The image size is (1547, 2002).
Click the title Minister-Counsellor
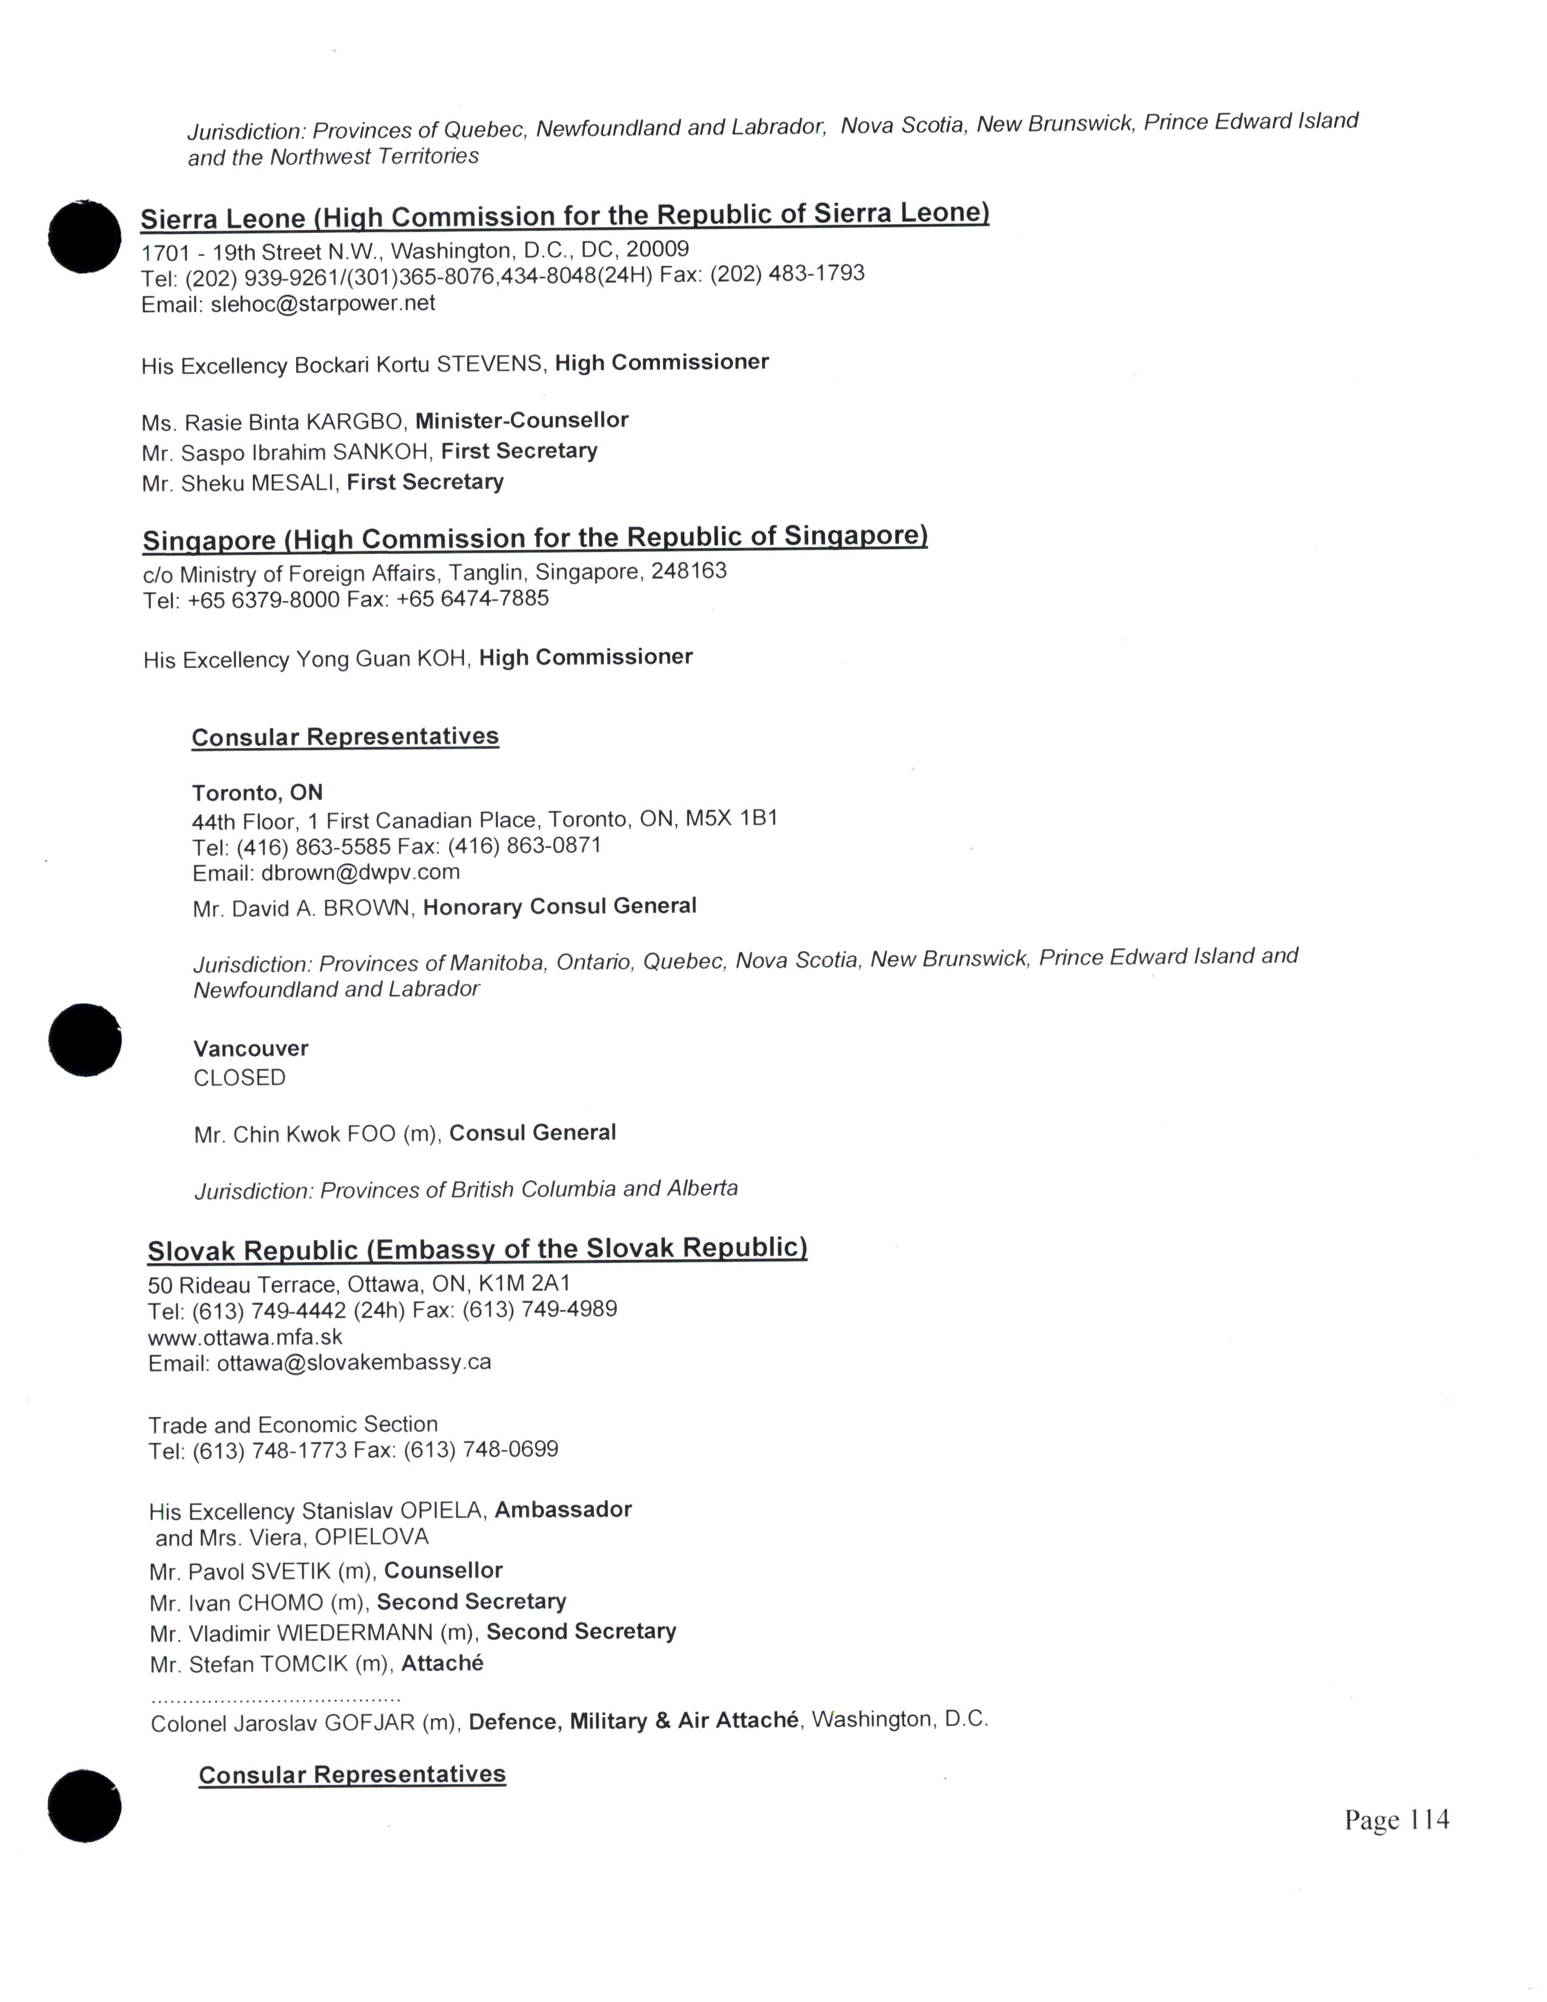tap(522, 421)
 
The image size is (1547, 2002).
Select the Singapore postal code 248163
tap(689, 571)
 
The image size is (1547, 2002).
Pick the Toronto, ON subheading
tap(257, 792)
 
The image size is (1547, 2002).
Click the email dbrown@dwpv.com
tap(360, 872)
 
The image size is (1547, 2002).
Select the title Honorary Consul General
tap(559, 906)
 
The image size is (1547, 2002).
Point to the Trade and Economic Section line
tap(292, 1424)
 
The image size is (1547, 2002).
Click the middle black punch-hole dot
tap(84, 1040)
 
